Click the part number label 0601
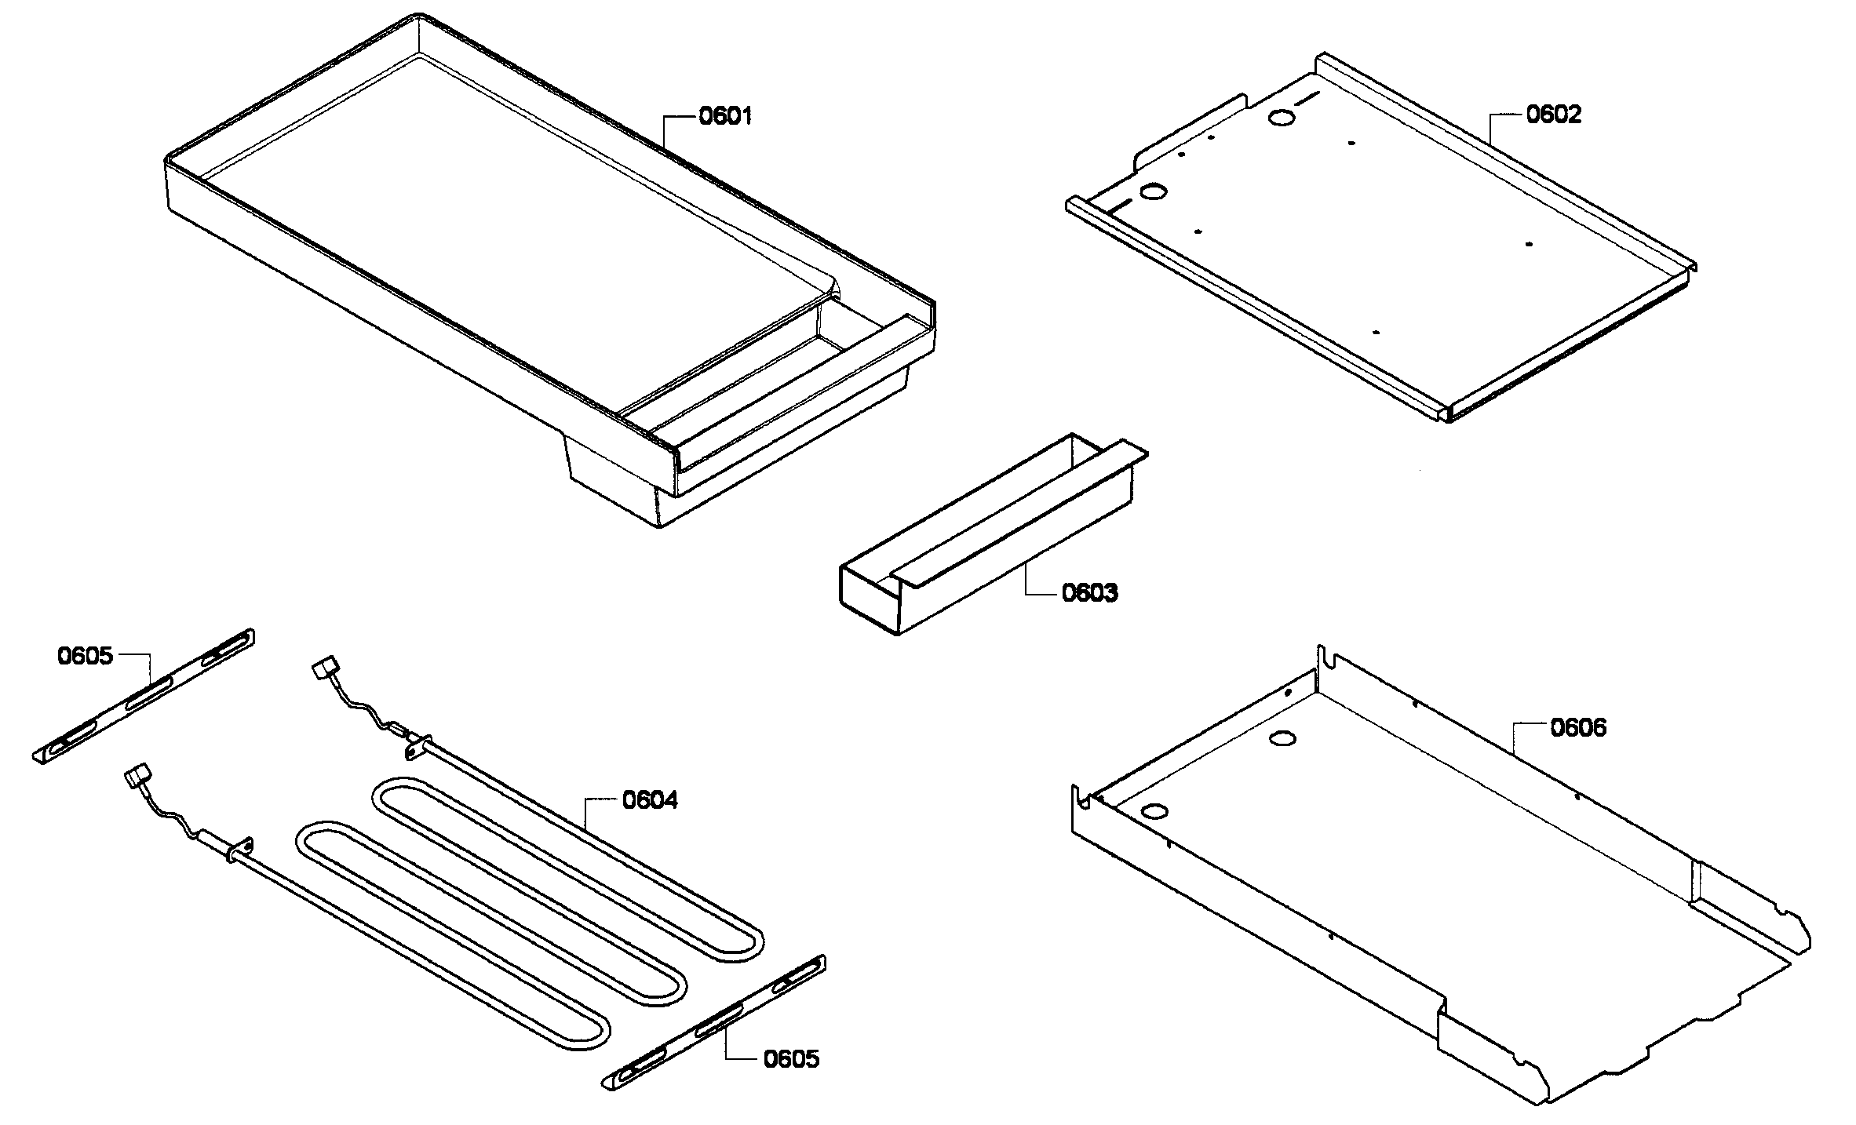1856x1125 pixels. click(x=725, y=117)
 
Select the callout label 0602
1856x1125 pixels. click(x=1553, y=115)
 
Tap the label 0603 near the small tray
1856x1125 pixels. click(x=1089, y=593)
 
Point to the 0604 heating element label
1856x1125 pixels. click(x=650, y=801)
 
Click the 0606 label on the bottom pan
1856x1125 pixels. click(x=1577, y=728)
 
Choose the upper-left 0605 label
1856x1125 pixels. click(x=85, y=656)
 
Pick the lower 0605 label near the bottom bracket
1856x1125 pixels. click(x=791, y=1059)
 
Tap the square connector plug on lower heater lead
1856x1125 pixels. click(x=137, y=780)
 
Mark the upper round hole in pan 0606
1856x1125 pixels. click(x=1283, y=737)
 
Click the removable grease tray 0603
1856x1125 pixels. click(x=989, y=541)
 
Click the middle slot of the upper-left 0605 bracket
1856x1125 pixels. click(x=147, y=691)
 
